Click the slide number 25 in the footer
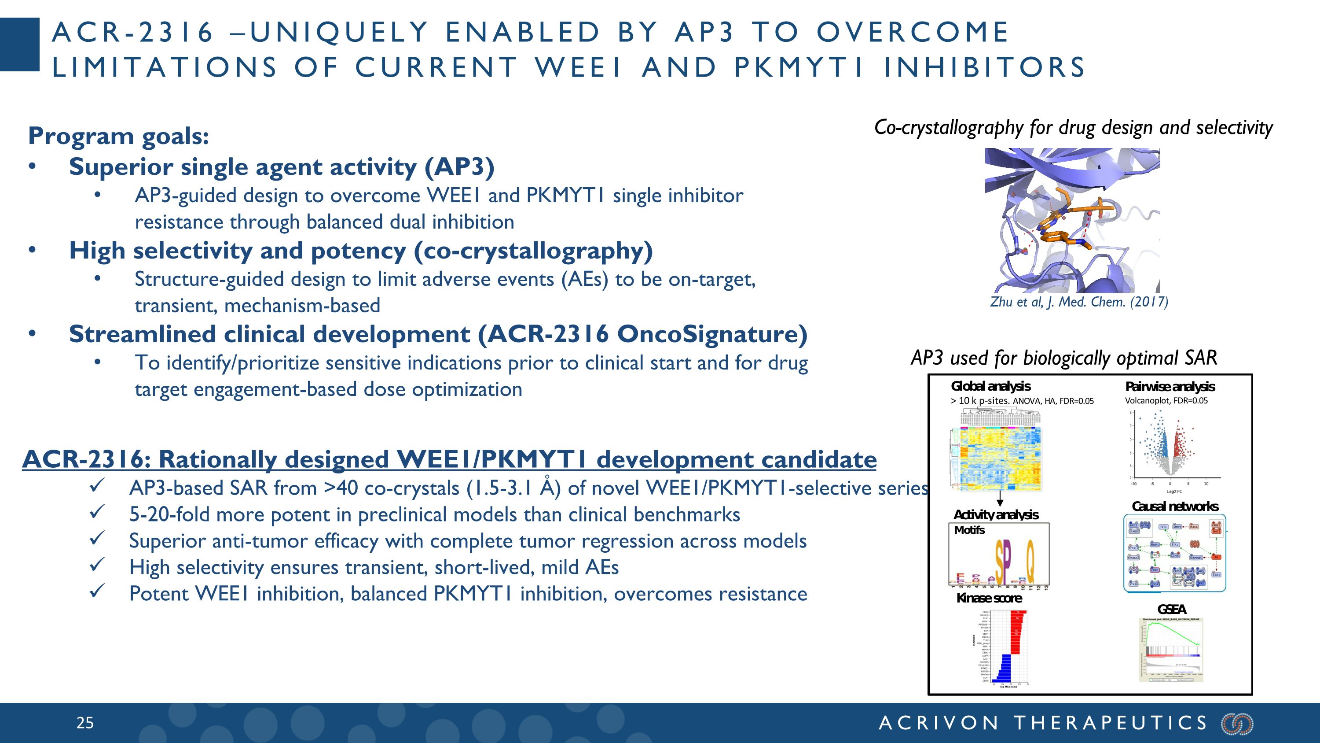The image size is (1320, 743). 85,723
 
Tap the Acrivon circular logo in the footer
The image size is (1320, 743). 1237,724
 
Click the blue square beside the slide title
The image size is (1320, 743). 19,44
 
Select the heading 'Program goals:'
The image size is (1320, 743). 118,136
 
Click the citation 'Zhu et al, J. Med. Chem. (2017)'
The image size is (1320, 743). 1078,302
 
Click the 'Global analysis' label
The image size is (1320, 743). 990,386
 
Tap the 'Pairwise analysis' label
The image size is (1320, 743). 1170,387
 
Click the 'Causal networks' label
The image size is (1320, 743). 1174,506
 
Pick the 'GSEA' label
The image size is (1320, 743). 1171,609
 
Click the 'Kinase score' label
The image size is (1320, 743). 989,599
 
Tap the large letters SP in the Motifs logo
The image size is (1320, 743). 1003,563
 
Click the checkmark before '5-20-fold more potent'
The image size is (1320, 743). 97,512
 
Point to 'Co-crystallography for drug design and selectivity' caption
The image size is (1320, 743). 1073,128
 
